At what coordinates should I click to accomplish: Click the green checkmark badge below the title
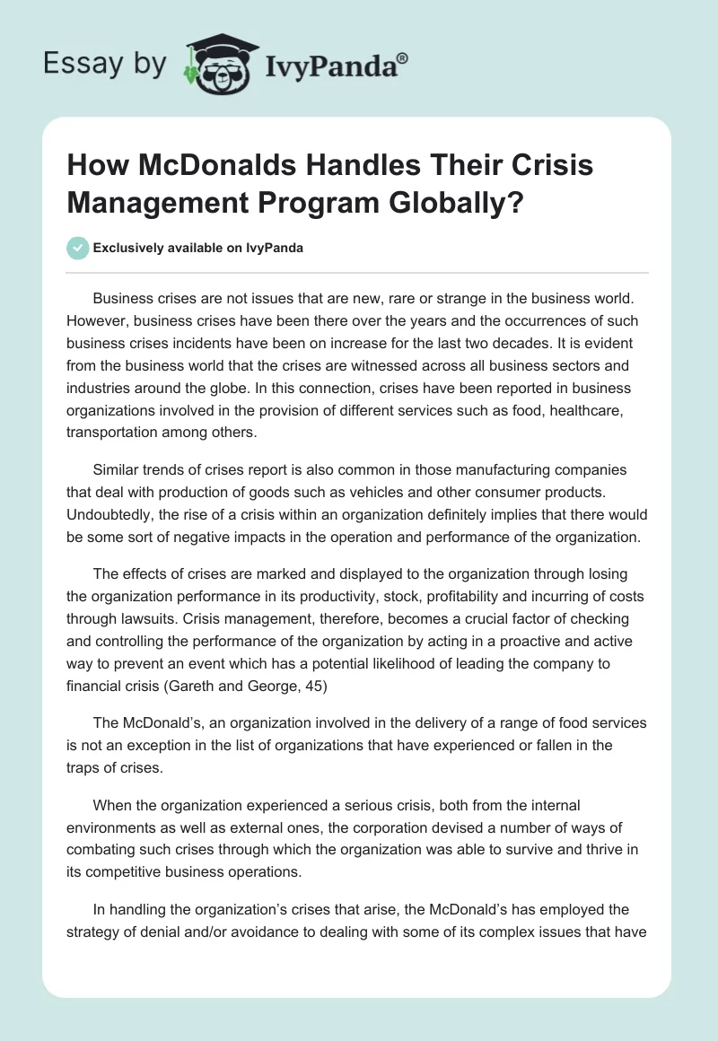pos(77,248)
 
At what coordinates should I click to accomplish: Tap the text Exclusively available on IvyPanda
pos(197,249)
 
